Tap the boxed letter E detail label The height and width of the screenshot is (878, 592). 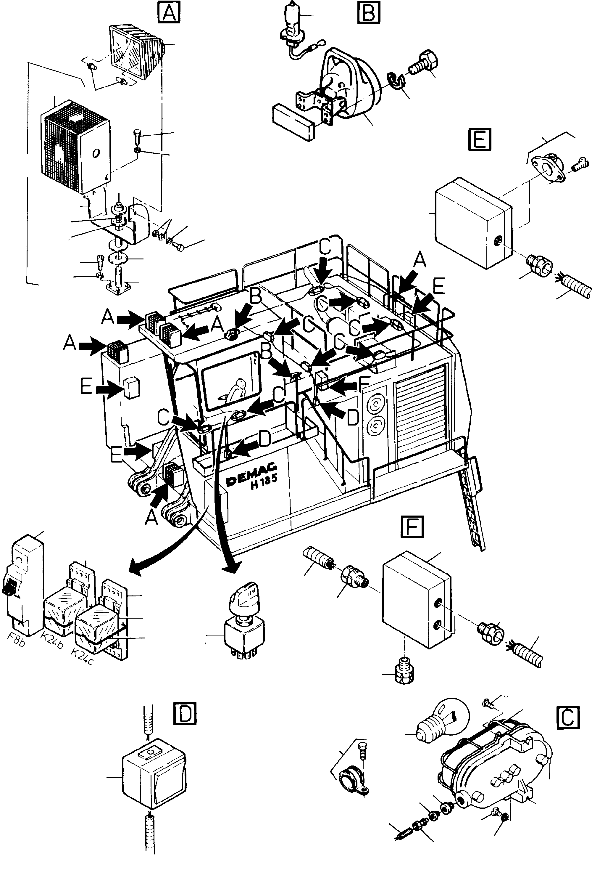tap(480, 139)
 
